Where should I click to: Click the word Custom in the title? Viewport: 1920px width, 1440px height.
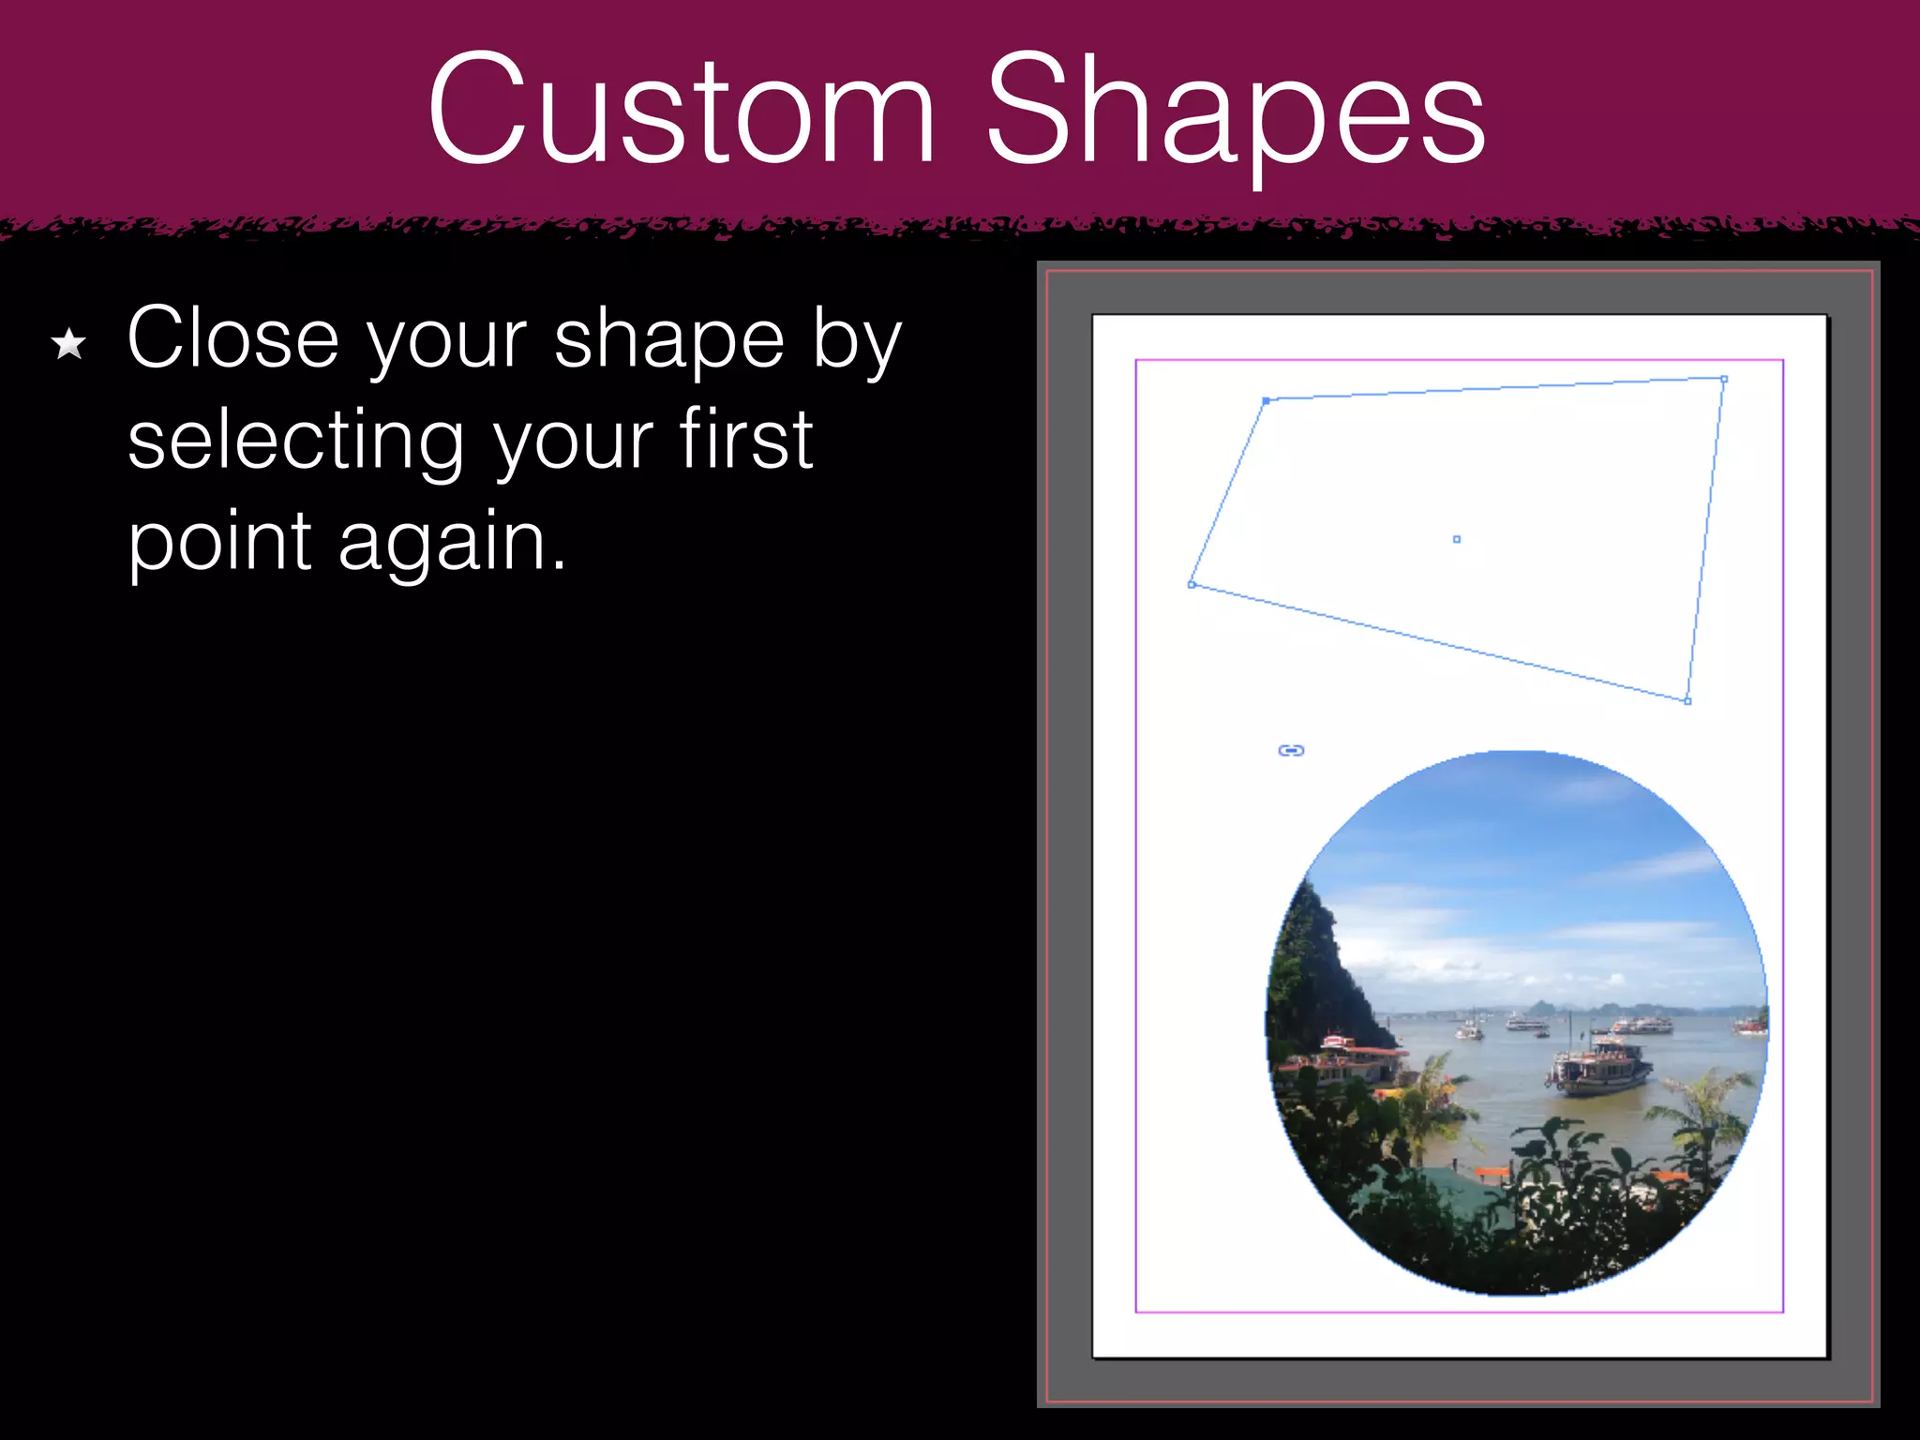click(681, 111)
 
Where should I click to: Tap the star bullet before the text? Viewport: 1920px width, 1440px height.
click(69, 344)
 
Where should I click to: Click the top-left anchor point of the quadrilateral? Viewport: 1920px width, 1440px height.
click(1266, 400)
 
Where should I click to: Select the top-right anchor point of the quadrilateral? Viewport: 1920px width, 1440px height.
click(1723, 380)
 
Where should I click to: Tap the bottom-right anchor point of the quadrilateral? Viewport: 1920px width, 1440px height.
click(1687, 700)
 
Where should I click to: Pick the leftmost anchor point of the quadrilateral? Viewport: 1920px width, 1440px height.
click(1192, 584)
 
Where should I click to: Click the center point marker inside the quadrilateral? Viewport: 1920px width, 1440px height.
click(1456, 539)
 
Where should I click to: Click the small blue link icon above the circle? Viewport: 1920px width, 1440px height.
click(1291, 750)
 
